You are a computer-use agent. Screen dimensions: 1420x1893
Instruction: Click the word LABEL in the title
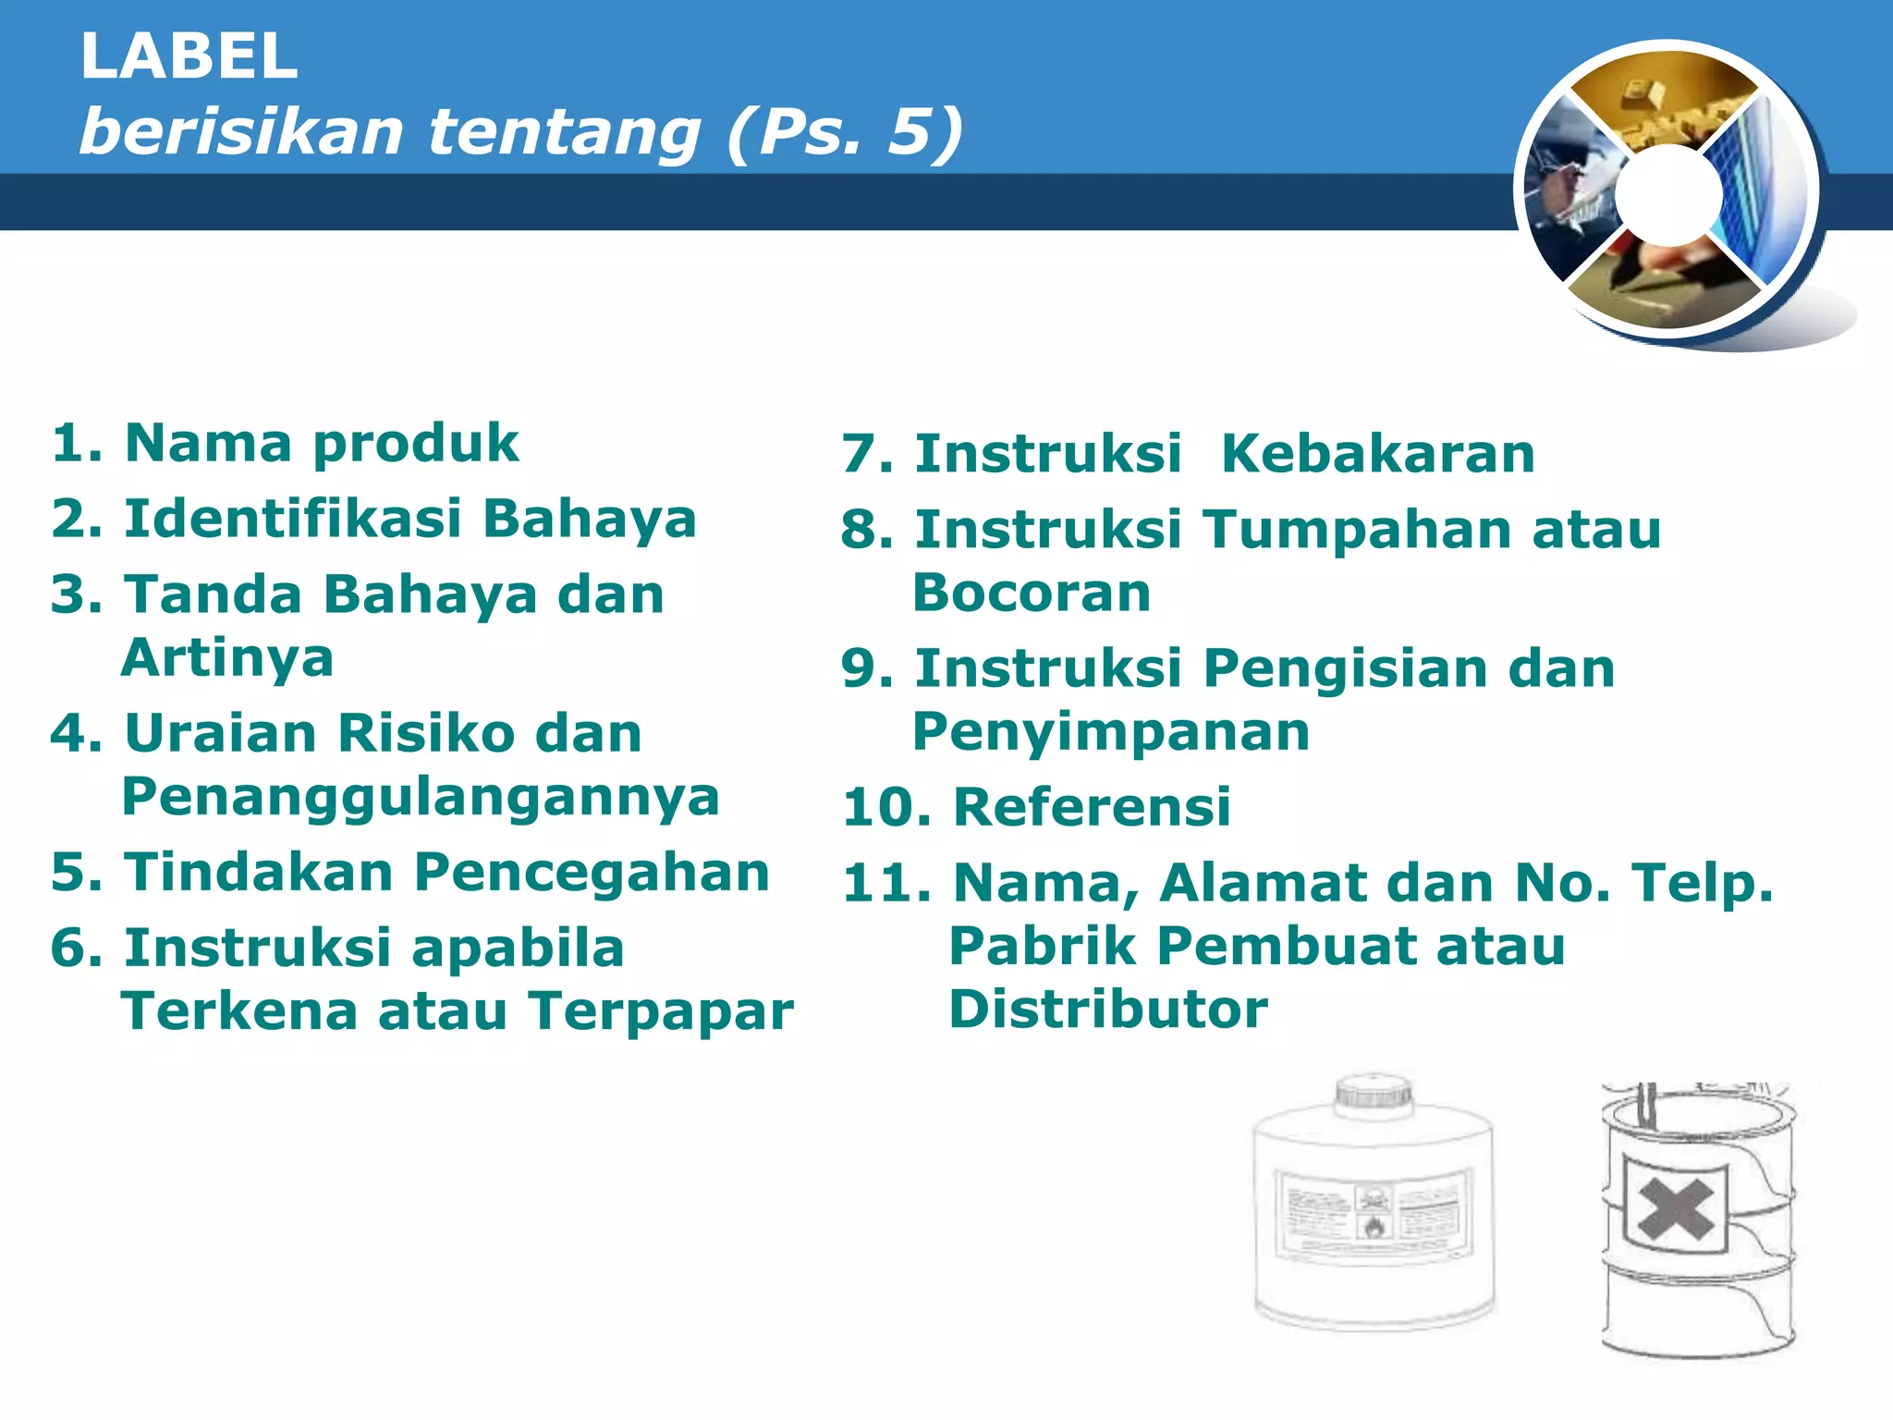pyautogui.click(x=189, y=56)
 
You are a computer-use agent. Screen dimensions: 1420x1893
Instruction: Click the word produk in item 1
pyautogui.click(x=416, y=444)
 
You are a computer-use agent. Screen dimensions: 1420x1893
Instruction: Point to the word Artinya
pyautogui.click(x=227, y=658)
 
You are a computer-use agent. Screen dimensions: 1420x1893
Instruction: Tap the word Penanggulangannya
pyautogui.click(x=421, y=797)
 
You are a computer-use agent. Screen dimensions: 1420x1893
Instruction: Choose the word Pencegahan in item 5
pyautogui.click(x=592, y=873)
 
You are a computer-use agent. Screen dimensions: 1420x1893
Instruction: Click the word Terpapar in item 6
pyautogui.click(x=661, y=1010)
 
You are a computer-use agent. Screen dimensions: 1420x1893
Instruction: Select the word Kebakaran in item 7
pyautogui.click(x=1377, y=454)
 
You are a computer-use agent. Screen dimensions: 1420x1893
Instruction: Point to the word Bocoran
pyautogui.click(x=1032, y=593)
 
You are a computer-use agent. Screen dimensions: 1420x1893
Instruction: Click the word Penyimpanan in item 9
pyautogui.click(x=1111, y=732)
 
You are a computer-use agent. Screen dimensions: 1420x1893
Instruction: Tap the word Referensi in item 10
pyautogui.click(x=1092, y=807)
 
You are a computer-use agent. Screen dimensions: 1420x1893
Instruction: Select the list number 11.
pyautogui.click(x=885, y=883)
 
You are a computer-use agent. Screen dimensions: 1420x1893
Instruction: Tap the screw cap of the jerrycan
pyautogui.click(x=1374, y=1092)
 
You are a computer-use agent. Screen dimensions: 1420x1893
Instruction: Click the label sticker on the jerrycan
pyautogui.click(x=1374, y=1215)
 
